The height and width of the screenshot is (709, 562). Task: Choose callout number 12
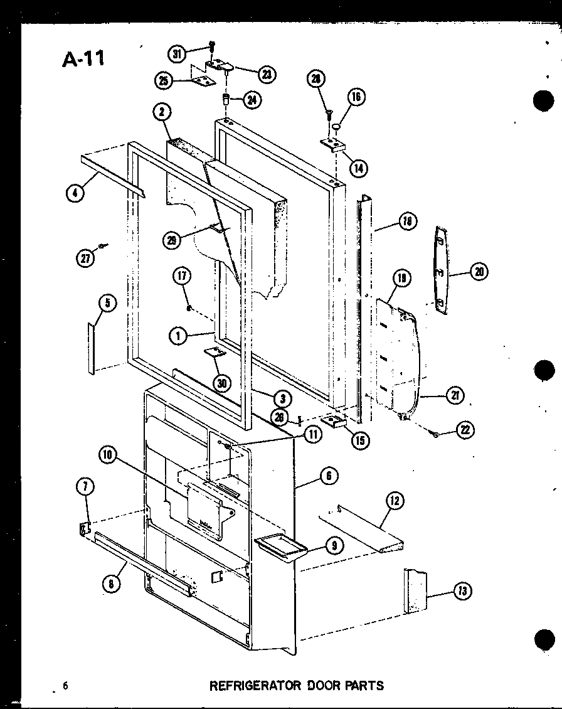coord(395,500)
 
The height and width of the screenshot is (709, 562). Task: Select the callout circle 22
coord(465,430)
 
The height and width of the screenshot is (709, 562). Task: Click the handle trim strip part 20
coord(442,270)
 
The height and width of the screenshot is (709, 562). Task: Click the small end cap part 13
coord(415,590)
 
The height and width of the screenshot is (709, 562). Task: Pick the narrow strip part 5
coord(92,349)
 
